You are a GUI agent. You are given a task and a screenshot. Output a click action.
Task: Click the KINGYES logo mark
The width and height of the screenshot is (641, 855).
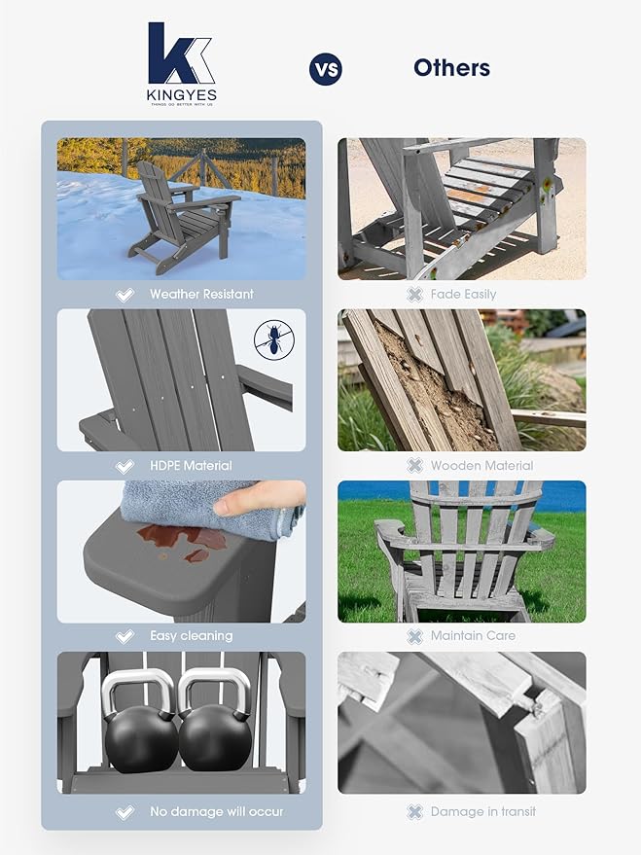click(x=181, y=54)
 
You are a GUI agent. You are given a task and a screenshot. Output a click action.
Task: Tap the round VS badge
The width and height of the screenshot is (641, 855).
click(x=325, y=69)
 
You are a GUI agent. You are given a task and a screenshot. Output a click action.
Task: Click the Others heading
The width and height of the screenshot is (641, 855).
click(x=451, y=68)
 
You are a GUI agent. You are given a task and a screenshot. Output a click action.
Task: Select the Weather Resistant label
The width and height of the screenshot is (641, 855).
click(x=201, y=294)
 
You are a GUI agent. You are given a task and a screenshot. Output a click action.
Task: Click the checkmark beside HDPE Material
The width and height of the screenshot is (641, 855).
click(x=125, y=465)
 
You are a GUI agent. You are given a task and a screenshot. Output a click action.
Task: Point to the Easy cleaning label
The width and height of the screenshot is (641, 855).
click(x=191, y=636)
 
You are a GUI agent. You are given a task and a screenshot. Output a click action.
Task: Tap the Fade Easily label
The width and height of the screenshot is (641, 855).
click(x=464, y=294)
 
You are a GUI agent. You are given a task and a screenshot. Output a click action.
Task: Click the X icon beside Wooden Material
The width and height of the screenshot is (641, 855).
click(x=414, y=465)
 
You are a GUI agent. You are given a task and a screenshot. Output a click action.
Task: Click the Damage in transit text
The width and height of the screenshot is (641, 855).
click(x=483, y=811)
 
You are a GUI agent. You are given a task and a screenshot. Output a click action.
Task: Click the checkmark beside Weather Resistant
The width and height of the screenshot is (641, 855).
click(x=125, y=294)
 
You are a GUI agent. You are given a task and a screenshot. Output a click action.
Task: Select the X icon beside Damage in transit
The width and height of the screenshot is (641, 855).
click(x=414, y=811)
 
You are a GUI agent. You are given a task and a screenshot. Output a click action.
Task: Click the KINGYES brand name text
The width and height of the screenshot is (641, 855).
click(x=182, y=94)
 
